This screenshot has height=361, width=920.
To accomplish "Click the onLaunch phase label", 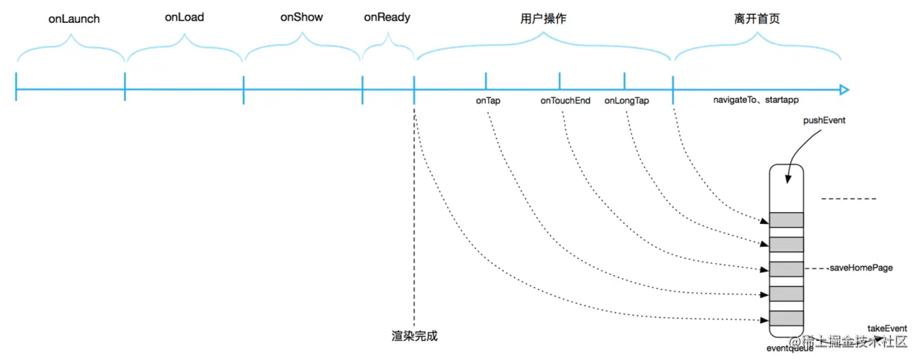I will pos(74,19).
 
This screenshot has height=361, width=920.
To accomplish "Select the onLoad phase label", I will pos(185,17).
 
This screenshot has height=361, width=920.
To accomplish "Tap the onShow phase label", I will pos(302,17).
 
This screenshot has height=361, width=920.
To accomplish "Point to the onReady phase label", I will pos(387,17).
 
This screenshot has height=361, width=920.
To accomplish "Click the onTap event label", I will pos(487,100).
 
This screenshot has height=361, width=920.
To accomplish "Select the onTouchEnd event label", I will pos(565,100).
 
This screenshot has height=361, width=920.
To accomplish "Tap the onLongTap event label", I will pos(626,100).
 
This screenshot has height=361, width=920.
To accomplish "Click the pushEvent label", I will pos(824,119).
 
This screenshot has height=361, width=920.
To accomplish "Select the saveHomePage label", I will pos(860,268).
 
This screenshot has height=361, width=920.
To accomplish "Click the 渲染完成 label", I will pos(415,335).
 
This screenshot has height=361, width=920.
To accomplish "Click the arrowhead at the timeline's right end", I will pos(844,90).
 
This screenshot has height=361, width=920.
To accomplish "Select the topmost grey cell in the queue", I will pos(786,219).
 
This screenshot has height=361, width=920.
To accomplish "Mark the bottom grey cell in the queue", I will pos(786,319).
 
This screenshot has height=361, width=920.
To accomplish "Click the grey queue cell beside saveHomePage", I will pos(786,268).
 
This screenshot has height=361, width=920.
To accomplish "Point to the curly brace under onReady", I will pos(387,50).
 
